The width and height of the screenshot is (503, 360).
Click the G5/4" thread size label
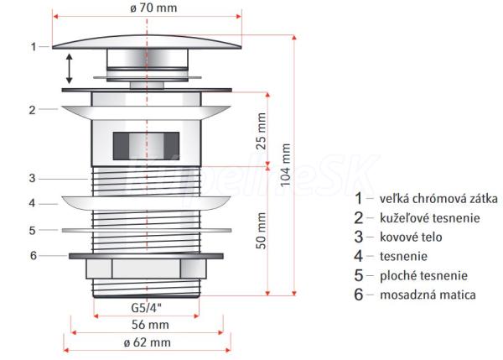click(148, 308)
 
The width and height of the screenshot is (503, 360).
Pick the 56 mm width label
click(148, 325)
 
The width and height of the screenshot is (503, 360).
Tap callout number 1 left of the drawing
click(34, 47)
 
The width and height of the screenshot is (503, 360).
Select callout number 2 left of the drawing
click(31, 109)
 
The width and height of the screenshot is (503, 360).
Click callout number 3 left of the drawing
click(31, 178)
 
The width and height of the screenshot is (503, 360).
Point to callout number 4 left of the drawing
click(31, 203)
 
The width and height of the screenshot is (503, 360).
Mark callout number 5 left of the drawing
click(31, 229)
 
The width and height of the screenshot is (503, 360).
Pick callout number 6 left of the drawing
click(34, 255)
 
